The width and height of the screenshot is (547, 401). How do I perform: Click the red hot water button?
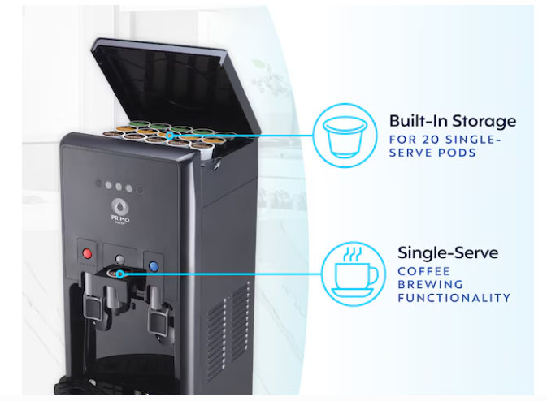click(x=87, y=253)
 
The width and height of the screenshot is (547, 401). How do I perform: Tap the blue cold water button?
click(x=154, y=267)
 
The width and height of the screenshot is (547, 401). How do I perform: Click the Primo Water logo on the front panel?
click(x=120, y=211)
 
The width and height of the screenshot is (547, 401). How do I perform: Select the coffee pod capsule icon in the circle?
click(x=345, y=136)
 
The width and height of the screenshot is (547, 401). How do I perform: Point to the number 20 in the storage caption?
click(x=431, y=140)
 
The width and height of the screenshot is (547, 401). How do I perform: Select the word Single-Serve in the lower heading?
click(x=448, y=253)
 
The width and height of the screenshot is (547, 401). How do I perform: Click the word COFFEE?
click(x=423, y=271)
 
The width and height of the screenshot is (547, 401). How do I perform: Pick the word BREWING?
click(x=431, y=284)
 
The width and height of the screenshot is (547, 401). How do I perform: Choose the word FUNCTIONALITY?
click(x=454, y=298)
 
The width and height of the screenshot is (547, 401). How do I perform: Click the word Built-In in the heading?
click(x=419, y=121)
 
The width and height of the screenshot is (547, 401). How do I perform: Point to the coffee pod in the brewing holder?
click(x=116, y=273)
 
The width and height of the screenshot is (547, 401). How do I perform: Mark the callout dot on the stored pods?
click(x=170, y=136)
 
